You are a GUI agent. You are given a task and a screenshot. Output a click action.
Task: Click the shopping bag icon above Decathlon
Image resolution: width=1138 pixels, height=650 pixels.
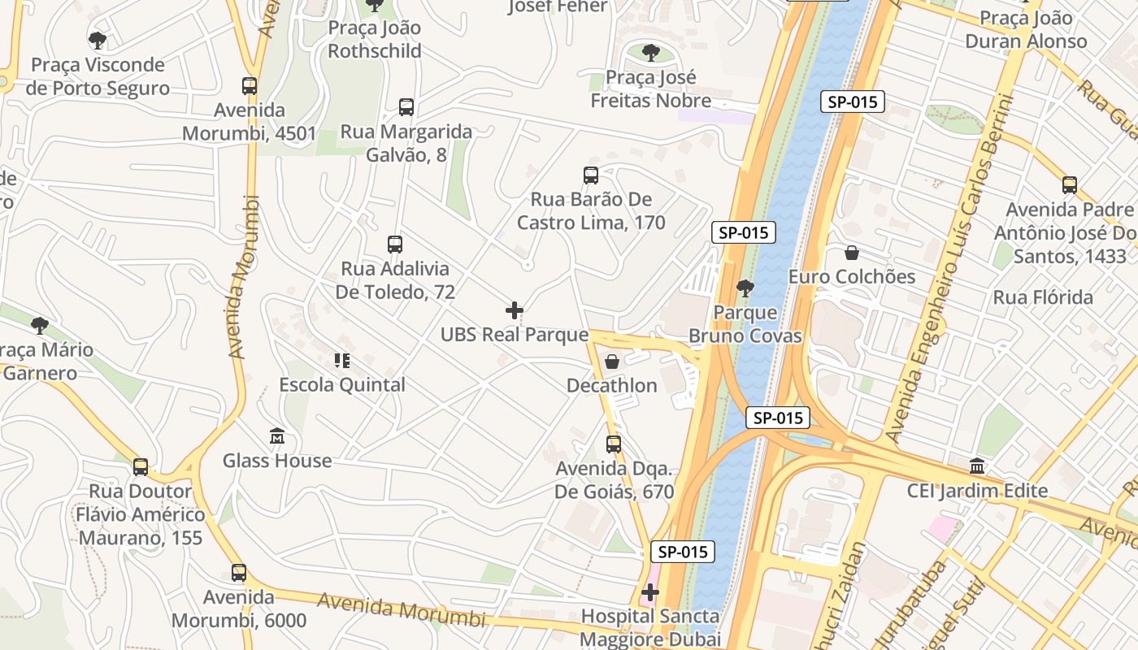pyautogui.click(x=612, y=362)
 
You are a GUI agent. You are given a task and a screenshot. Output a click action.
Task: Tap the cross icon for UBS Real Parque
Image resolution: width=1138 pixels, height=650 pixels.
pyautogui.click(x=515, y=310)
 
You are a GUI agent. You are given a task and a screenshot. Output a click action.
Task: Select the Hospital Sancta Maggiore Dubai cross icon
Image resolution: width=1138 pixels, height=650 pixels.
pyautogui.click(x=650, y=592)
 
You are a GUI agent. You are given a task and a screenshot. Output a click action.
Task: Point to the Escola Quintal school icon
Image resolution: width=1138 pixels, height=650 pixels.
pyautogui.click(x=341, y=361)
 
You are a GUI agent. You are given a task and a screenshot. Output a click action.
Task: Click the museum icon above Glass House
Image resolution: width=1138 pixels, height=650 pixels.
pyautogui.click(x=277, y=437)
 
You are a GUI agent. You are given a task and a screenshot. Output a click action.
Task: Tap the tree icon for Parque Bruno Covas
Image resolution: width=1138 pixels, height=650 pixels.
pyautogui.click(x=745, y=288)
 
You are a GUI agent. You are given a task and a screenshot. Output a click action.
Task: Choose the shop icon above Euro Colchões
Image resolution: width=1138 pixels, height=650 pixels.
pyautogui.click(x=852, y=253)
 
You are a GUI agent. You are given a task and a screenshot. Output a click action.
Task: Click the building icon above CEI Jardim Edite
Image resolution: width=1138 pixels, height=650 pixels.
pyautogui.click(x=977, y=467)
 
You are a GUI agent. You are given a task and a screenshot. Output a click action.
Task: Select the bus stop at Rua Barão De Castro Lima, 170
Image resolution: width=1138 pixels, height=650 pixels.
pyautogui.click(x=591, y=175)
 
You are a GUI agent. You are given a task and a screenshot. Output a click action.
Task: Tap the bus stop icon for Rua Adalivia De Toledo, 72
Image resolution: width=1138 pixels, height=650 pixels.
pyautogui.click(x=395, y=245)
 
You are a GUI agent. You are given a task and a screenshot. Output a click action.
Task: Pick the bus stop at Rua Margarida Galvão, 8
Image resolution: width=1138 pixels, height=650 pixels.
pyautogui.click(x=406, y=107)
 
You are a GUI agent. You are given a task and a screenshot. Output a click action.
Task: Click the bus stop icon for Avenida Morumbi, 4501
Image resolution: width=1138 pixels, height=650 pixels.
pyautogui.click(x=250, y=86)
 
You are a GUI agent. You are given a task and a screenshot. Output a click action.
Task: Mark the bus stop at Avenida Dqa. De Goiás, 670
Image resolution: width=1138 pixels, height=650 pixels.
pyautogui.click(x=614, y=444)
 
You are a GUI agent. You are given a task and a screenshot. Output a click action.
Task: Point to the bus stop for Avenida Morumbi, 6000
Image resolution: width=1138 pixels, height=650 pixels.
pyautogui.click(x=238, y=573)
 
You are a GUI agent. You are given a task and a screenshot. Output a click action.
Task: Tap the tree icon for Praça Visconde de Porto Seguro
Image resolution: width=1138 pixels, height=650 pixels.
pyautogui.click(x=98, y=41)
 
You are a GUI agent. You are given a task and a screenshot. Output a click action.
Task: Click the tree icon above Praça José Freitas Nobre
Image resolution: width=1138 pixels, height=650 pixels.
pyautogui.click(x=650, y=54)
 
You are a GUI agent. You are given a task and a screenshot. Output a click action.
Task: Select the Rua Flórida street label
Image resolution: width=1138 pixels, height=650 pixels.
pyautogui.click(x=1043, y=297)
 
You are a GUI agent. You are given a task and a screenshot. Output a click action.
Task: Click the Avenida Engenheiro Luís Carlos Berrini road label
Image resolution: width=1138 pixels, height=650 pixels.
pyautogui.click(x=951, y=268)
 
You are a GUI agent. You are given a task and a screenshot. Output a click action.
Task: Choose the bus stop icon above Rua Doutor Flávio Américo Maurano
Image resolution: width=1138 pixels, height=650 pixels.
pyautogui.click(x=141, y=467)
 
